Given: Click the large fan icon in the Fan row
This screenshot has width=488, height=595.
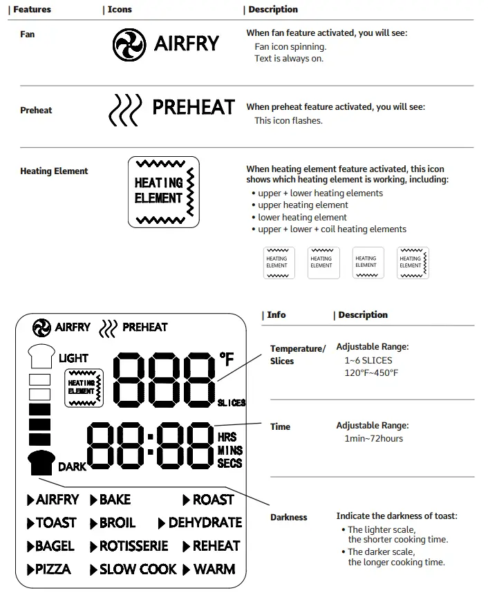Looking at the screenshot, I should pyautogui.click(x=129, y=44).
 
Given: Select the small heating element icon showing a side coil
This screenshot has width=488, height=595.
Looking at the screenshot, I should pyautogui.click(x=413, y=263).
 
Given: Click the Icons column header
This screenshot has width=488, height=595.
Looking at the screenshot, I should pyautogui.click(x=118, y=10).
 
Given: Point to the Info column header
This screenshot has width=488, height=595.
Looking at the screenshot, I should pyautogui.click(x=275, y=315).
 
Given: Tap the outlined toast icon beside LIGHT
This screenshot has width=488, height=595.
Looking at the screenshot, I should pyautogui.click(x=41, y=357).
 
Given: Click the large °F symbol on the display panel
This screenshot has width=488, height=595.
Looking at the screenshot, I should pyautogui.click(x=227, y=359).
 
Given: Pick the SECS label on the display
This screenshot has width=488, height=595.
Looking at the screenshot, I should pyautogui.click(x=229, y=464).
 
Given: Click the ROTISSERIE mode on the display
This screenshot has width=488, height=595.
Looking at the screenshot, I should pyautogui.click(x=133, y=546).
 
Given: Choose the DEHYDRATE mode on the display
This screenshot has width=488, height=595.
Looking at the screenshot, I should pyautogui.click(x=205, y=523).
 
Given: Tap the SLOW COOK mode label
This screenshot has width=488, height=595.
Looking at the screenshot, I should pyautogui.click(x=138, y=569).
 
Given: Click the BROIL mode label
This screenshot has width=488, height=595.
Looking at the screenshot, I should pyautogui.click(x=117, y=523).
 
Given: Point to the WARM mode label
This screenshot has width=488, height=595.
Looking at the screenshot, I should pyautogui.click(x=214, y=569).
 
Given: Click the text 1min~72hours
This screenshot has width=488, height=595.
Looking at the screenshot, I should pyautogui.click(x=373, y=439).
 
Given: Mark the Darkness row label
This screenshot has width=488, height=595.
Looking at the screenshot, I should pyautogui.click(x=288, y=518).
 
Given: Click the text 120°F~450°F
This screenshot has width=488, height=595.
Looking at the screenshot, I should pyautogui.click(x=371, y=373).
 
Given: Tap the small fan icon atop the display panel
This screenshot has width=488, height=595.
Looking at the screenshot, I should pyautogui.click(x=41, y=328).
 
